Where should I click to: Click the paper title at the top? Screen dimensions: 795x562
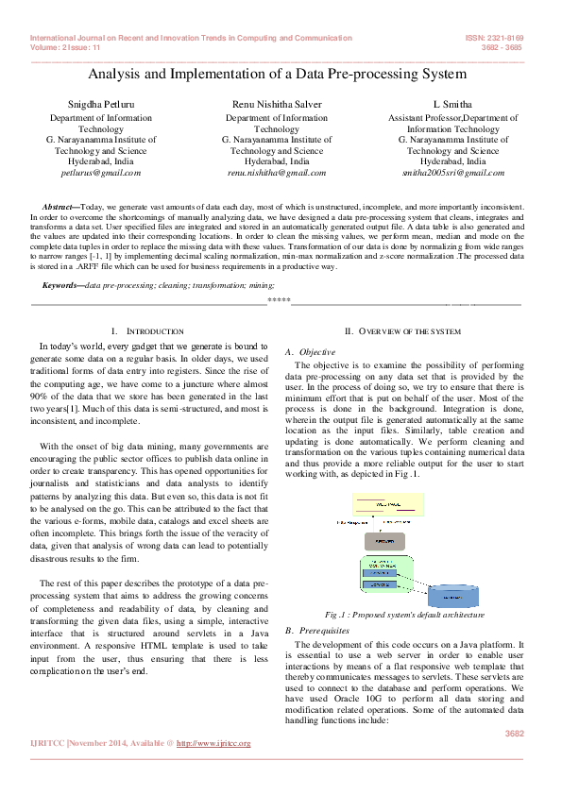point(277,74)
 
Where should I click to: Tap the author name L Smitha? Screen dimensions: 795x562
point(451,103)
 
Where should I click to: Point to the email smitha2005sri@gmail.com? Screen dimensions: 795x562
point(452,173)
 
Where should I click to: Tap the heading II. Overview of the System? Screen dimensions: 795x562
point(402,331)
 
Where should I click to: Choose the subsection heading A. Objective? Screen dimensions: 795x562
point(304,351)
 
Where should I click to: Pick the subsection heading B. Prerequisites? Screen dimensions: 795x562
point(311,630)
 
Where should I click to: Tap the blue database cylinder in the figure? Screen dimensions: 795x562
point(458,596)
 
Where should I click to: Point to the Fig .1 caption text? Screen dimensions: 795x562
point(403,615)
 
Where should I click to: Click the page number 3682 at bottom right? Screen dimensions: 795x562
point(514,733)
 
